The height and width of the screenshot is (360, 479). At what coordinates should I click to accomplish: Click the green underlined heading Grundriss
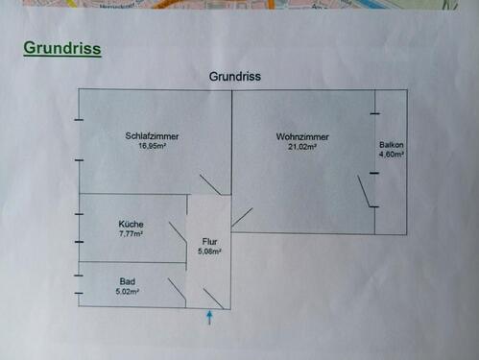point(62,48)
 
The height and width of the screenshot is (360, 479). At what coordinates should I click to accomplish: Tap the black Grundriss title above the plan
point(235,76)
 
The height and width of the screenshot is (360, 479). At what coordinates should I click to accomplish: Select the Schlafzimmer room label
point(152,136)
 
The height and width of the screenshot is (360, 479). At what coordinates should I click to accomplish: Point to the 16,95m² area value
point(152,148)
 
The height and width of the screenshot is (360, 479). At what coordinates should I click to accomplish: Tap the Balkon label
point(392,144)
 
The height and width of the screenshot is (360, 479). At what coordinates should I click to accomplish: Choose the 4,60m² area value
point(392,155)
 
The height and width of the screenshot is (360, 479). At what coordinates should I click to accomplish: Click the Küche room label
point(131,223)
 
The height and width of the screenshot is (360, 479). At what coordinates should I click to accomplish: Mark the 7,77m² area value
point(131,233)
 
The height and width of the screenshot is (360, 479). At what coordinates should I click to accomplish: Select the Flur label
point(210,241)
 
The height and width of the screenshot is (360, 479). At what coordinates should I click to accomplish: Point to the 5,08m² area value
point(210,252)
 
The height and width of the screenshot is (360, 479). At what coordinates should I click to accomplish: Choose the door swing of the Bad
point(176,289)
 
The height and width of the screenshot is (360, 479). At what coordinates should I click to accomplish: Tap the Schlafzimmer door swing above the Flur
point(209,184)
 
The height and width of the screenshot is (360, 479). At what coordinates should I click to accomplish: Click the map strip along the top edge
point(239,4)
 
